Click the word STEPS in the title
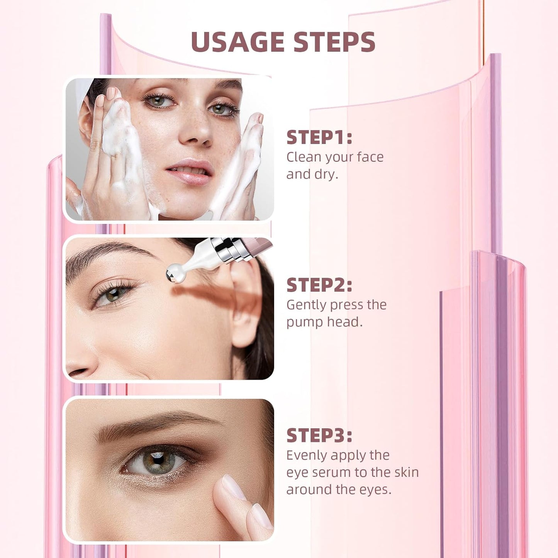[334, 42]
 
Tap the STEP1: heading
[319, 137]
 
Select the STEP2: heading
[319, 285]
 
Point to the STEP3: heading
[319, 436]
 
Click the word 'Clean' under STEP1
[304, 157]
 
